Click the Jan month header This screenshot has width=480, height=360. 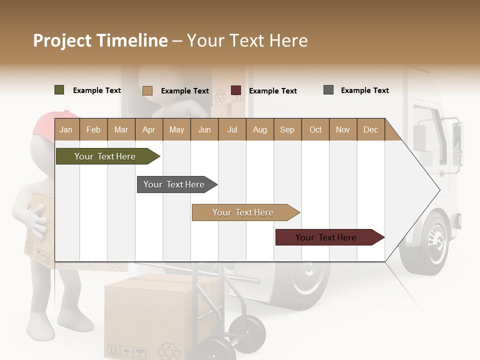tap(66, 130)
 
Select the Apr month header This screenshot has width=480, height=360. tap(148, 130)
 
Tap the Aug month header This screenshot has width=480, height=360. tap(259, 130)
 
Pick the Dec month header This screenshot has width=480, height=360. tap(370, 130)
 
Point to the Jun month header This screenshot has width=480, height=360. tap(204, 130)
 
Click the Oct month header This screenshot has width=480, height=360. tap(315, 130)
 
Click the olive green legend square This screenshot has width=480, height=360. tap(59, 90)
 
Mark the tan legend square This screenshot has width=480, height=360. tap(147, 90)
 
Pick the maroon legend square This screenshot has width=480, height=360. tap(235, 90)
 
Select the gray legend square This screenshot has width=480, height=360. tap(328, 90)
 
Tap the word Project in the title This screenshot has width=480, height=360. tap(62, 40)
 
